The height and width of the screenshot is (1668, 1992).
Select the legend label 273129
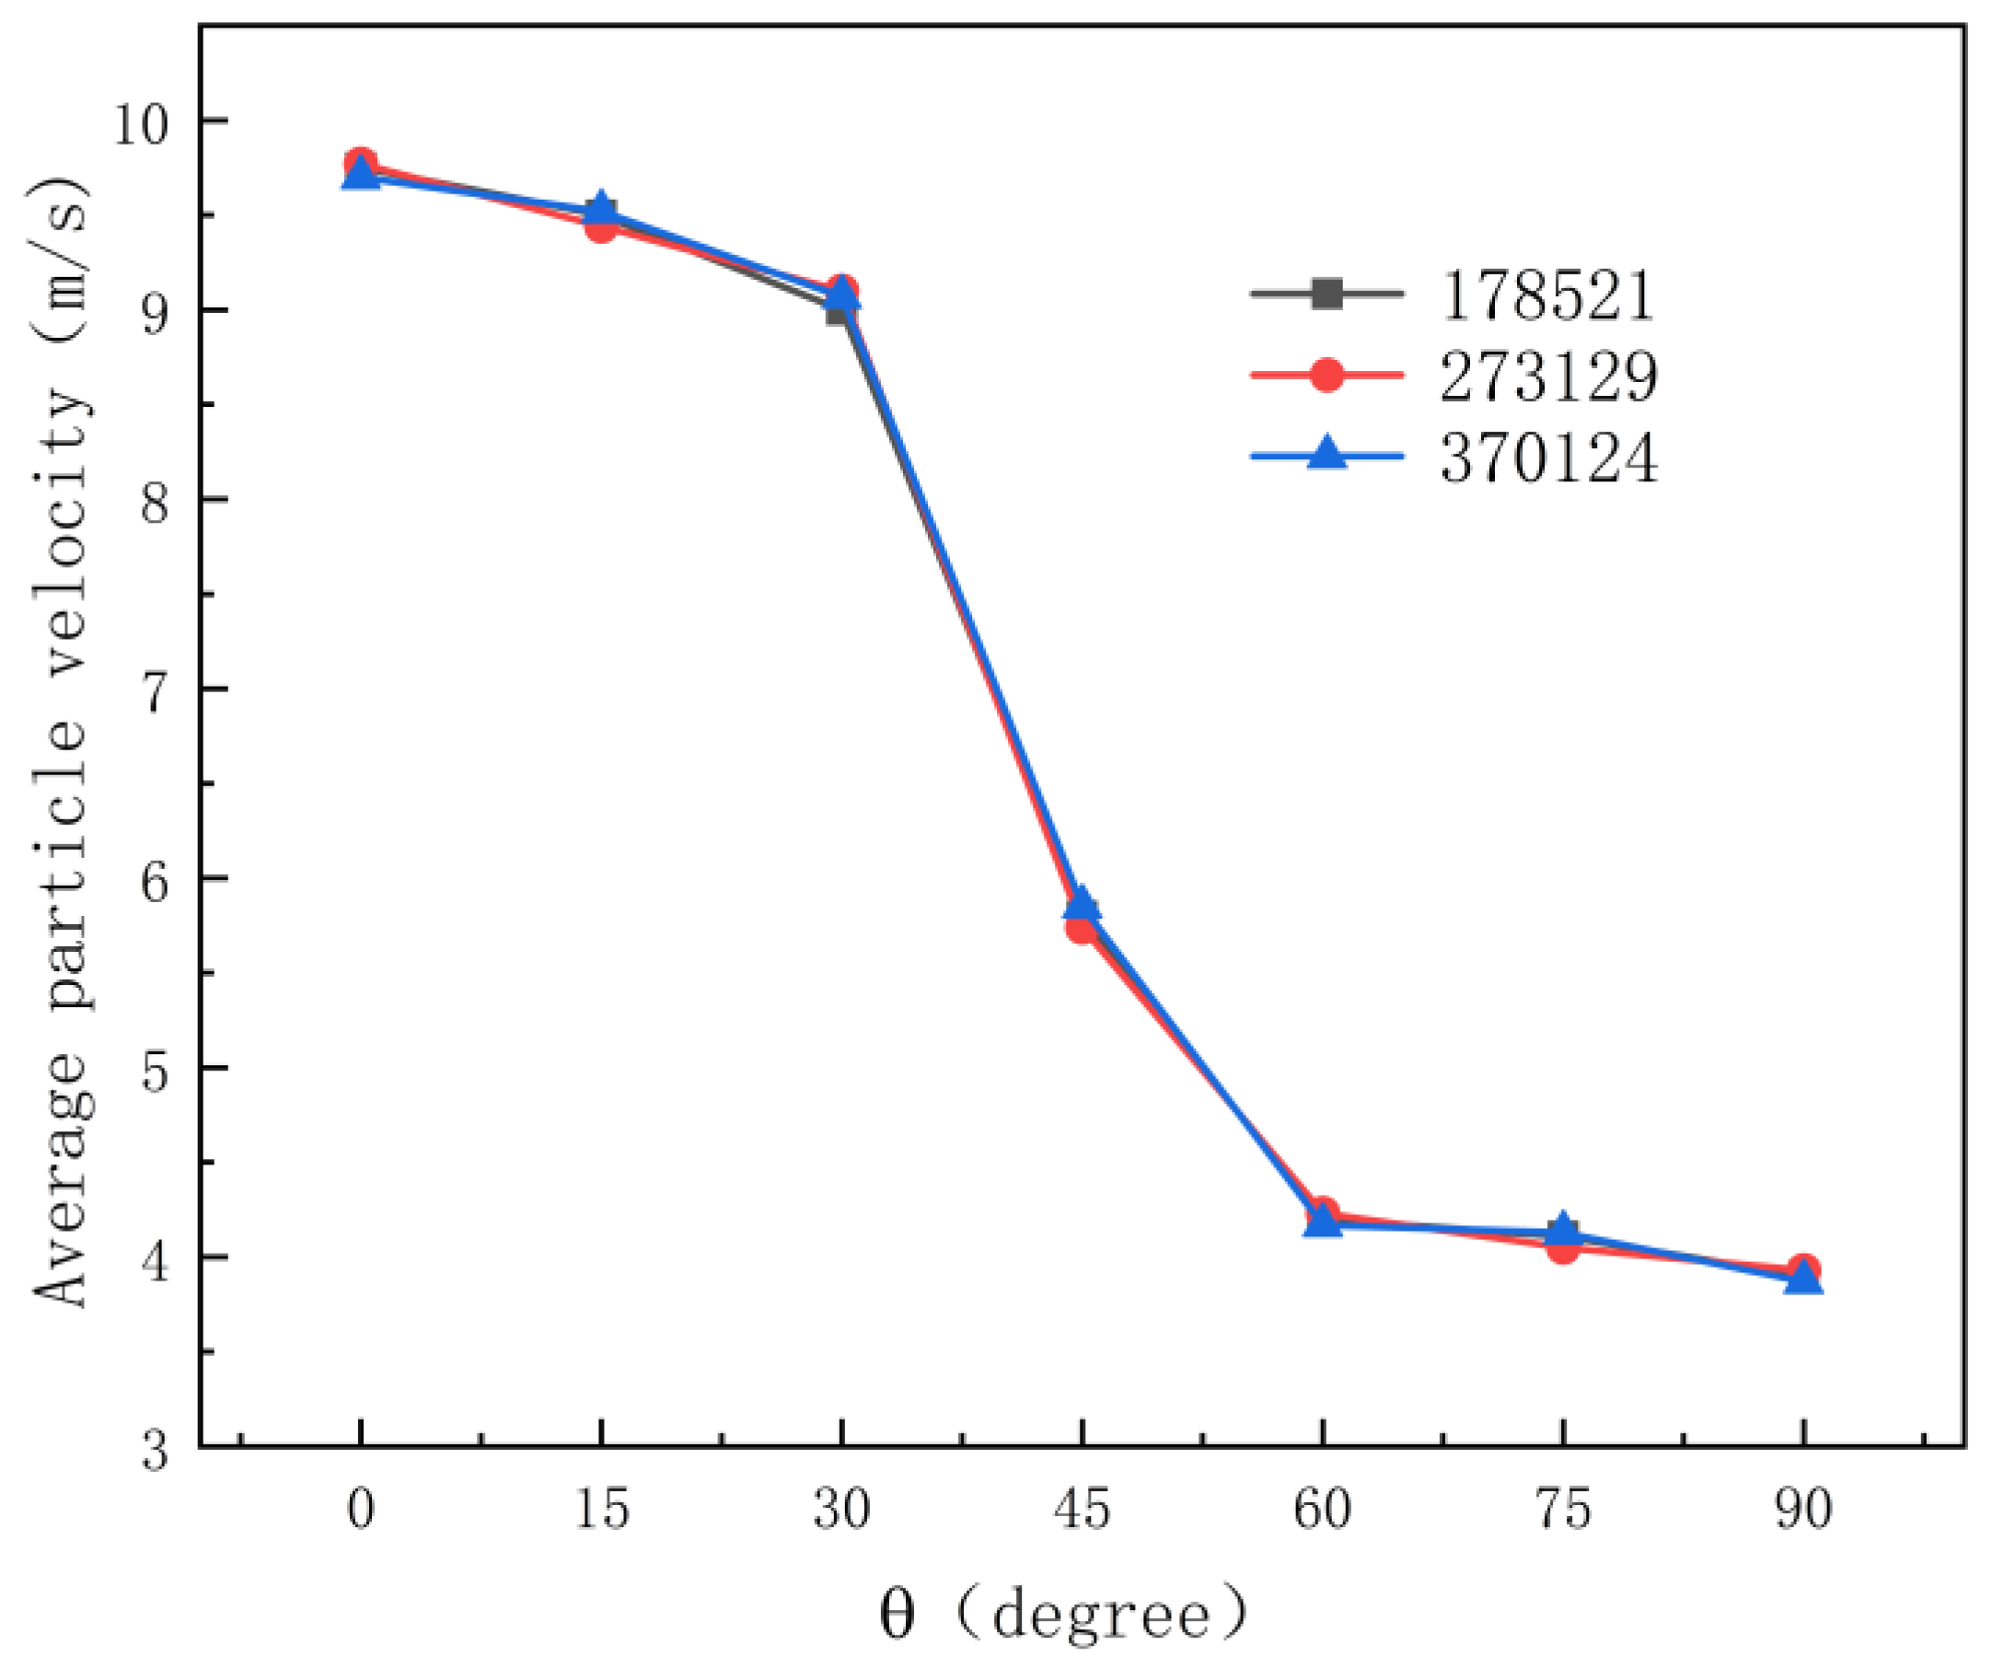pos(1548,376)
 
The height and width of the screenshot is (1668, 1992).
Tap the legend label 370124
pos(1548,458)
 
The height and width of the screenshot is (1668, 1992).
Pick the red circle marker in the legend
pos(1327,375)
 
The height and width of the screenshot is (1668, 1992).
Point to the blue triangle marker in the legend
pos(1327,455)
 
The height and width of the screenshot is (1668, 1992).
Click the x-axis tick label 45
pos(1082,1508)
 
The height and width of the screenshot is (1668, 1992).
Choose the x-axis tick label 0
pos(361,1508)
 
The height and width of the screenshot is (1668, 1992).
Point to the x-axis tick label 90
pos(1803,1508)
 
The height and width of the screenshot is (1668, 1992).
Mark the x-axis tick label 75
pos(1563,1508)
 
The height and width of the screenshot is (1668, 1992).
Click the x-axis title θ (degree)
pos(1062,1614)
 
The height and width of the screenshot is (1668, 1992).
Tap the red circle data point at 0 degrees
pos(361,162)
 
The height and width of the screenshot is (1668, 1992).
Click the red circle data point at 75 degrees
pos(1563,1248)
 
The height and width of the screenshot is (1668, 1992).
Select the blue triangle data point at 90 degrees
pos(1803,1278)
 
